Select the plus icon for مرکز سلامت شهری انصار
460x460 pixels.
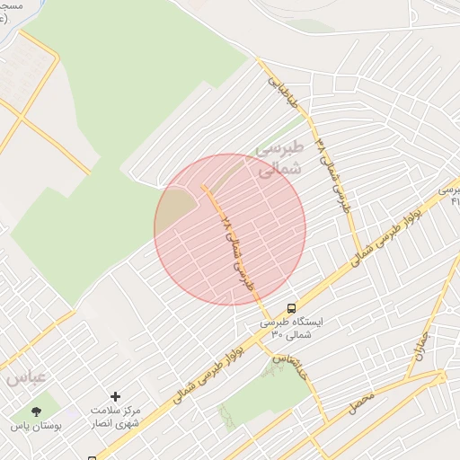[115, 396]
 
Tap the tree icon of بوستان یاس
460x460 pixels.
[36, 411]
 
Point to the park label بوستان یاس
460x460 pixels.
[37, 426]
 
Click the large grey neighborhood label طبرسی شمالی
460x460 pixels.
[281, 158]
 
